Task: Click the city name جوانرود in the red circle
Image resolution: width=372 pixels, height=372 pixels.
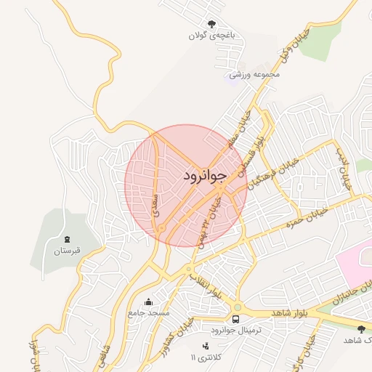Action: point(205,175)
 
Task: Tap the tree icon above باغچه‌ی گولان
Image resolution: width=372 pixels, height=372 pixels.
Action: point(212,24)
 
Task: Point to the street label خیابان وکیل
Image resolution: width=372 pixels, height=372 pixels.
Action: point(294,46)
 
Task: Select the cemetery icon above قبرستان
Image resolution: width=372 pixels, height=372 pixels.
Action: point(68,239)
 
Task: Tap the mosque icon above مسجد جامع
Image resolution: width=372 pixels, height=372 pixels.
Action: point(149,302)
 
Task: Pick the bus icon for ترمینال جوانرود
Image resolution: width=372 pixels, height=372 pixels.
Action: point(235,319)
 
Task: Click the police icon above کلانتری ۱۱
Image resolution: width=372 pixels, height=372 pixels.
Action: point(206,346)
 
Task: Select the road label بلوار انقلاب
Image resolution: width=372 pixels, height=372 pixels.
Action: point(205,280)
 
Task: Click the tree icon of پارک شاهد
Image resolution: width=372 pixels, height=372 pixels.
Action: point(361,329)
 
